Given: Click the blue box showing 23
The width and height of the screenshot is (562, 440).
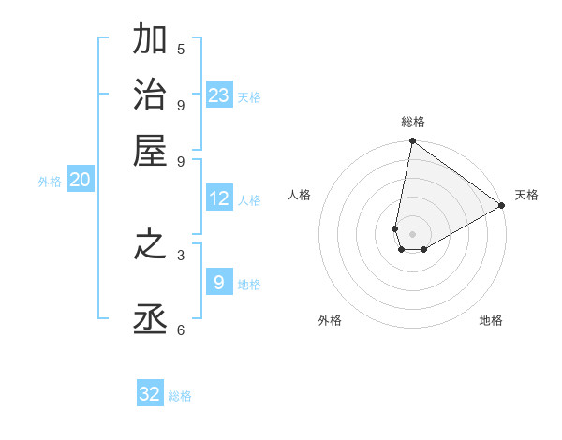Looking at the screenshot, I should pos(219,95).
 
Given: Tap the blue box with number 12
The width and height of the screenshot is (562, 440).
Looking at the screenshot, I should pos(219,198).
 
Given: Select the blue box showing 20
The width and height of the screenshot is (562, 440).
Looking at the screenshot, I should pos(81,181).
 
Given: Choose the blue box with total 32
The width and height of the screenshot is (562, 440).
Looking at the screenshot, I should pos(150,394).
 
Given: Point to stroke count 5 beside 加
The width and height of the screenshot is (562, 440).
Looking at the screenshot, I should pos(181,50).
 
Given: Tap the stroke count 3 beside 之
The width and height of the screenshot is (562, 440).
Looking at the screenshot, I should pos(181,254).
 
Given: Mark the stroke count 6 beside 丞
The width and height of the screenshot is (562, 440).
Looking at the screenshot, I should pos(181,330).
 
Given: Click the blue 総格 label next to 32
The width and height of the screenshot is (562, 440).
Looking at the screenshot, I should pos(180,396).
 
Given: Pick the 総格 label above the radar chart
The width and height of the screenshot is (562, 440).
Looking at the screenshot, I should pos(413,122).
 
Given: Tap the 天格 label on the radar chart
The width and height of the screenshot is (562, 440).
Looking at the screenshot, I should pos(526,195).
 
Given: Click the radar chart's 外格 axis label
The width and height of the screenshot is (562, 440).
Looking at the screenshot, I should pos(330,320).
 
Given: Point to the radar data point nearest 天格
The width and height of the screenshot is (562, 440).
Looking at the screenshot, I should pos(502,206).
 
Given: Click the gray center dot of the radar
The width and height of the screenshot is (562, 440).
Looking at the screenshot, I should pos(413,234).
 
